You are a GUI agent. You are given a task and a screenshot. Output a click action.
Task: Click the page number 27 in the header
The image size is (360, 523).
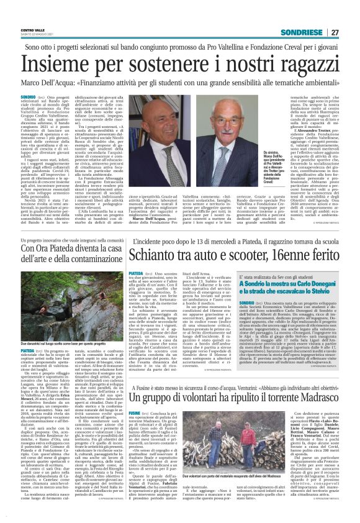pos(335,32)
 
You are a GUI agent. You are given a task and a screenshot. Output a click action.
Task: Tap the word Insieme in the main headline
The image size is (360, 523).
pos(65,63)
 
